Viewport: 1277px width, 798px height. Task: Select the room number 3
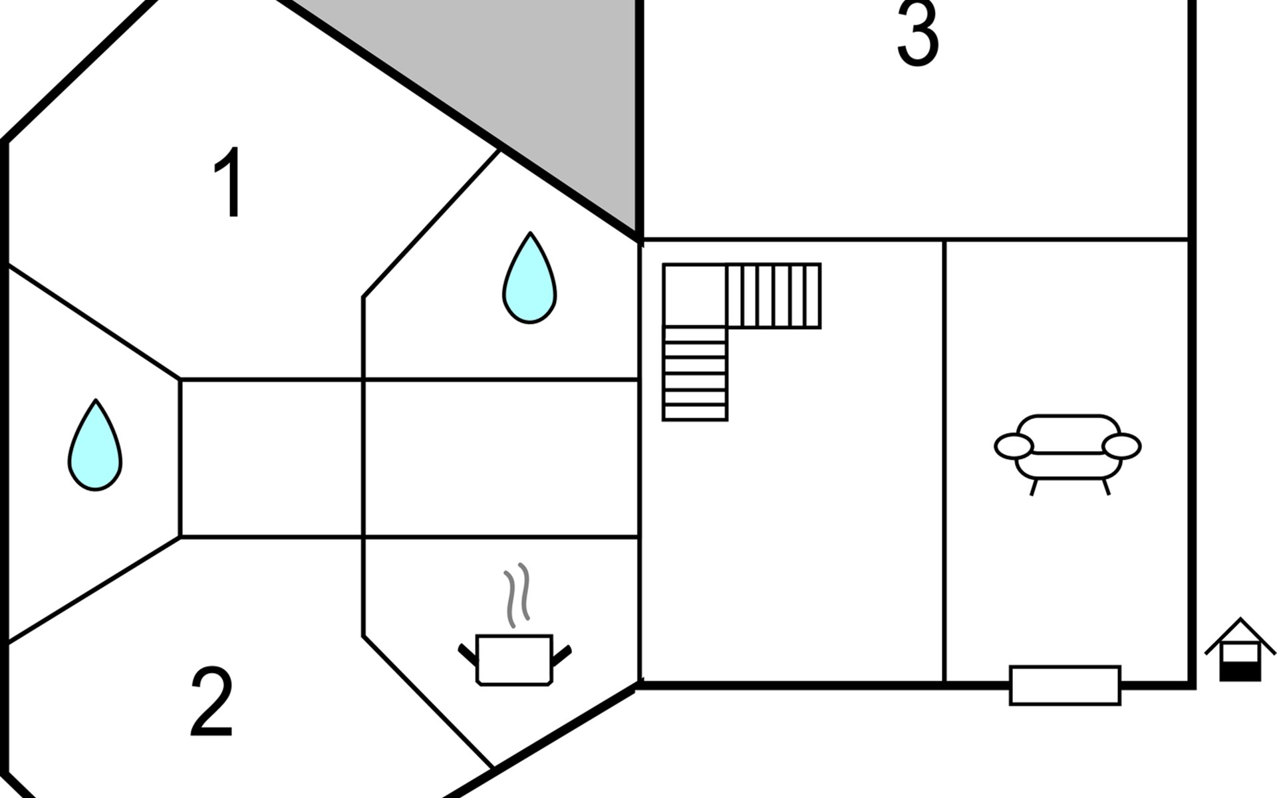918,33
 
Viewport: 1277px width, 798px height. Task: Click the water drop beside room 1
529,278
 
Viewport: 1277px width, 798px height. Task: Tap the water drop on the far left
95,446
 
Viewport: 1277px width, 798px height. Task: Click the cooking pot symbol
515,659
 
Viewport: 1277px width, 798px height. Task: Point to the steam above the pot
517,595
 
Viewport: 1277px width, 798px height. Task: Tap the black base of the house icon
1240,672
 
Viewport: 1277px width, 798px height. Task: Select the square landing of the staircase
695,295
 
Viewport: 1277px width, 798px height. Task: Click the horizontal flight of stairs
774,296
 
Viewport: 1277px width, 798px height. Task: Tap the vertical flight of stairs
695,374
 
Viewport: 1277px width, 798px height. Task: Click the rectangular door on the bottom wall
1065,685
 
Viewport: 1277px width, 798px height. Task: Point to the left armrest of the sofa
1014,446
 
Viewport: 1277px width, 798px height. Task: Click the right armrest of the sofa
1121,446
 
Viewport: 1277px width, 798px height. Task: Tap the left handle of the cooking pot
468,654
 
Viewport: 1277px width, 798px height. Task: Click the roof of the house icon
1240,635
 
